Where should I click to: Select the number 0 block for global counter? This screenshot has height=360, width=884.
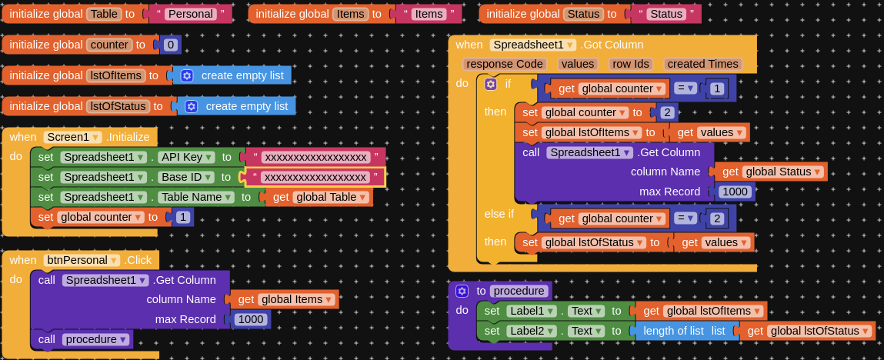(x=171, y=45)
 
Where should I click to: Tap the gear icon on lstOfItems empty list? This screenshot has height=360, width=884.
(x=187, y=75)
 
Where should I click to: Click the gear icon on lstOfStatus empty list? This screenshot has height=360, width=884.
(x=191, y=106)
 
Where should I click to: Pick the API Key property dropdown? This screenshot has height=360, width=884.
(x=187, y=157)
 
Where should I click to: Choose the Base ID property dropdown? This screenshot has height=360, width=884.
(x=187, y=178)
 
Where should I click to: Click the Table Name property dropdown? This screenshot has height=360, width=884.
(x=195, y=197)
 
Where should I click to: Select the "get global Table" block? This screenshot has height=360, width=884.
(x=319, y=197)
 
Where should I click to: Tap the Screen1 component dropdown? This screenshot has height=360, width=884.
(x=73, y=137)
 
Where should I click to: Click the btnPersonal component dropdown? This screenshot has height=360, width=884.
(x=82, y=260)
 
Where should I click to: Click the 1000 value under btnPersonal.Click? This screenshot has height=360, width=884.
(x=251, y=319)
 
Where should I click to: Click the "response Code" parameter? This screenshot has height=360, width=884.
(x=505, y=64)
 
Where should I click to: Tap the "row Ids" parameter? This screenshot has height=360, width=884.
(x=631, y=64)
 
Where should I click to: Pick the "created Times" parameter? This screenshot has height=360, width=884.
(x=702, y=64)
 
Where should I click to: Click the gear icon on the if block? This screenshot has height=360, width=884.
(x=491, y=84)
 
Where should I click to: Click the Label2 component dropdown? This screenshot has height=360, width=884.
(x=532, y=332)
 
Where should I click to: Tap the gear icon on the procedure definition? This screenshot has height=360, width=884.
(x=462, y=291)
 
